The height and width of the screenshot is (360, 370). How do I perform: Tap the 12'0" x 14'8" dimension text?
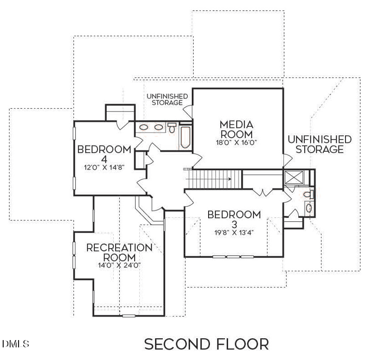point(105,167)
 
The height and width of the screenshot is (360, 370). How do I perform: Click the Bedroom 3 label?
point(234,220)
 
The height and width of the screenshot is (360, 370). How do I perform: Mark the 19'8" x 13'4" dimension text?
point(234,233)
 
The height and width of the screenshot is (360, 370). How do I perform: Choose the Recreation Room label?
point(119,252)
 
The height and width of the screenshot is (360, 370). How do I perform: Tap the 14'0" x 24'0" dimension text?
point(119,266)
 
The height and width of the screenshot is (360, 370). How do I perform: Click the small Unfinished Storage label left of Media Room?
point(167,99)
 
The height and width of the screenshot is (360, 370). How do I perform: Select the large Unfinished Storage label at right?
point(320,144)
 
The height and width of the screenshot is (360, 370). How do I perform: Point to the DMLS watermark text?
point(16,344)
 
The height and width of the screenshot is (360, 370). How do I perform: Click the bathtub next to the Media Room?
point(186,137)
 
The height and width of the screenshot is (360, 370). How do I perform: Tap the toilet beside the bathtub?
point(172,127)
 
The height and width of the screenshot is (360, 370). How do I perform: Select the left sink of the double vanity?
point(144,127)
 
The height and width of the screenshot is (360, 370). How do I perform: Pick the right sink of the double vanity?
point(159,127)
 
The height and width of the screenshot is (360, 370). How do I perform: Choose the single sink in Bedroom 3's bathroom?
point(308,207)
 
